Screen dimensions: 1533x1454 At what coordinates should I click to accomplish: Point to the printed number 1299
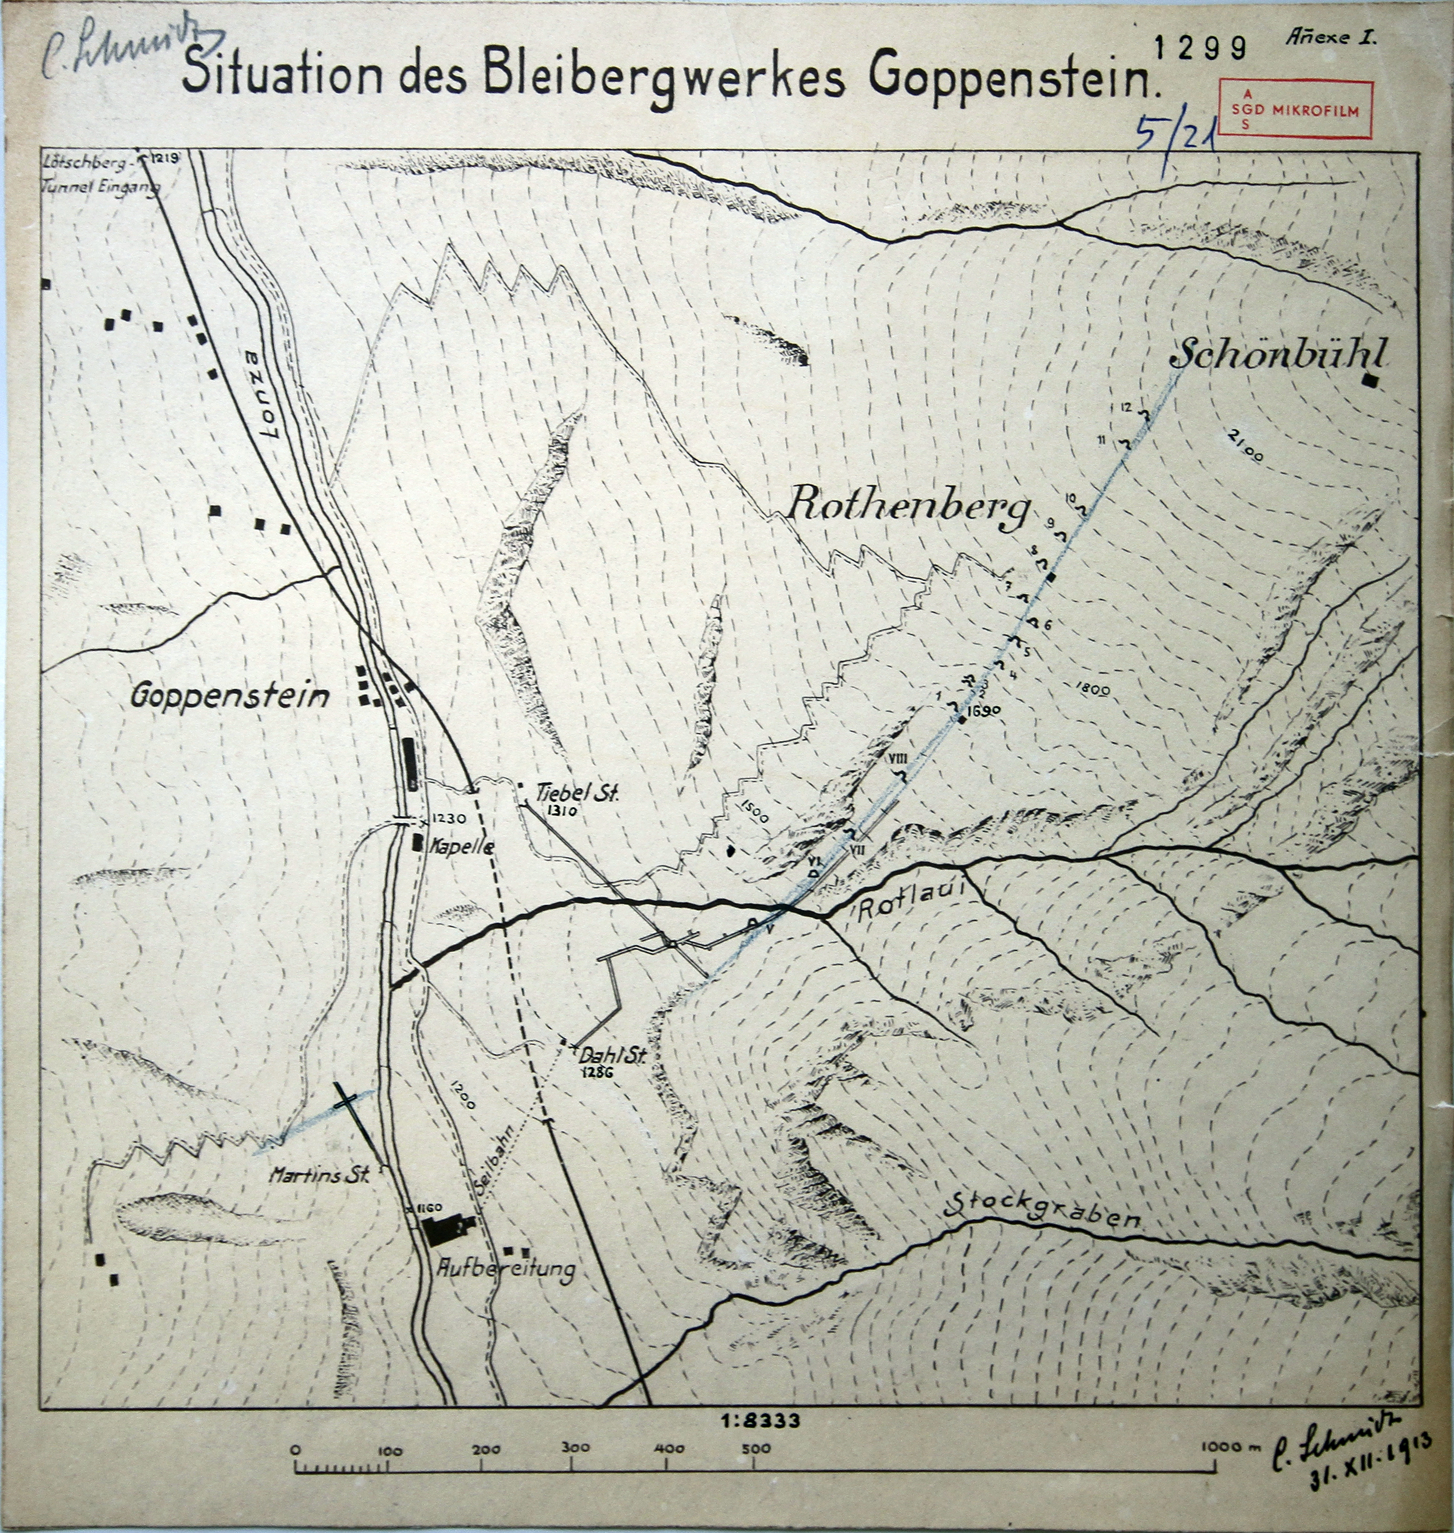1200,48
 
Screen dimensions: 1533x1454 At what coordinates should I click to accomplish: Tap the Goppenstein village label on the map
230,695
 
